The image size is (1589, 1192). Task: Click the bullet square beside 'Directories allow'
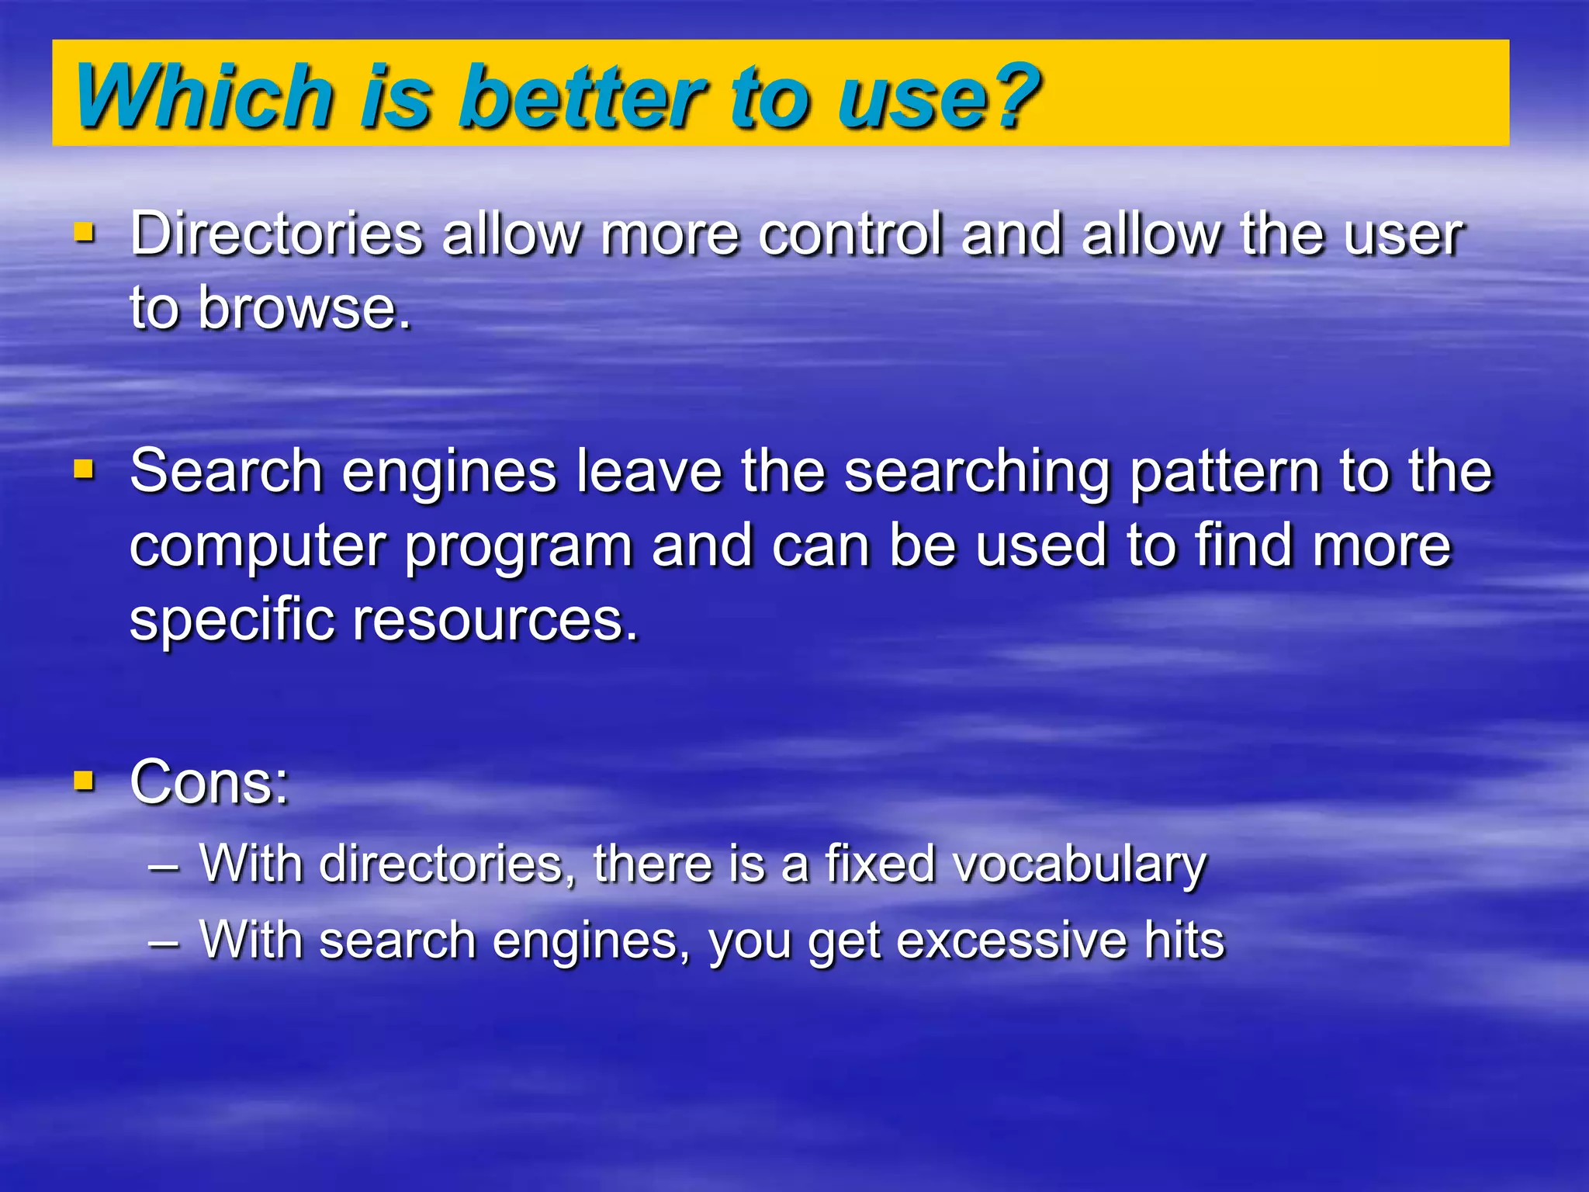[x=84, y=232]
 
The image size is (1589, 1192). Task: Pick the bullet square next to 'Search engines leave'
[x=84, y=469]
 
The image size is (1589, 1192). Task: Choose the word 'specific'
[x=231, y=621]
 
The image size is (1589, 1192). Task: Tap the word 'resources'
[x=495, y=621]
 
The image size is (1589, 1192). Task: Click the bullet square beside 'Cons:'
[x=84, y=780]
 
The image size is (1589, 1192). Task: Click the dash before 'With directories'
[x=164, y=866]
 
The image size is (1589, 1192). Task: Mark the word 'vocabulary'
[x=1080, y=865]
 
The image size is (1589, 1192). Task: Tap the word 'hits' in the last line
[x=1184, y=939]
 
